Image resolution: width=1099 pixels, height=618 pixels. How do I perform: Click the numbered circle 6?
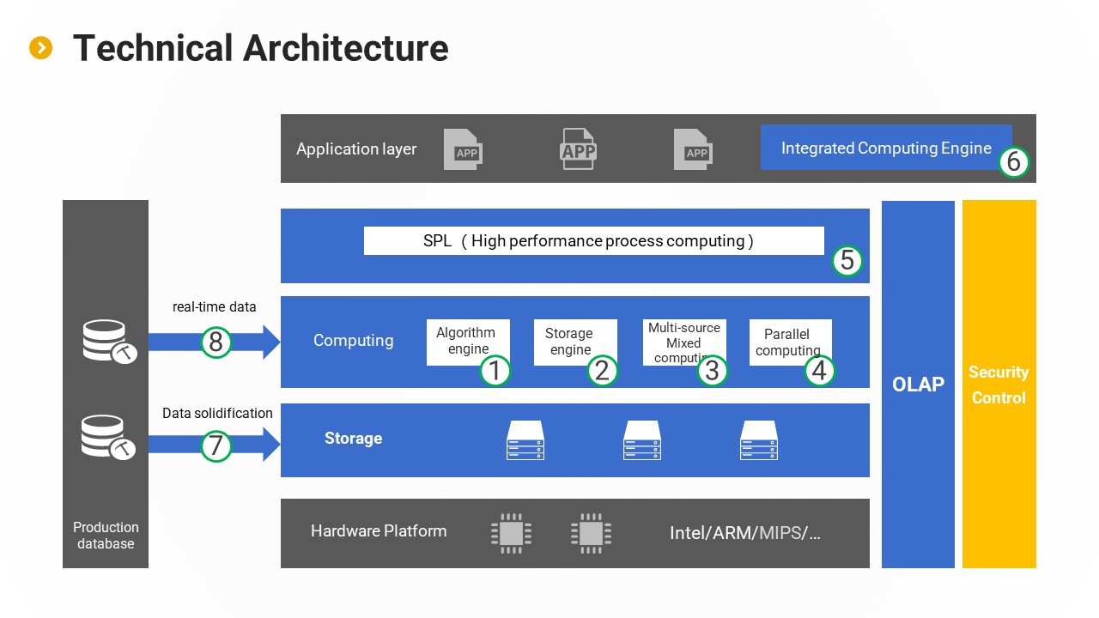pos(1013,162)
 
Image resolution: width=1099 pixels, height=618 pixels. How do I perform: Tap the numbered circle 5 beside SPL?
pos(847,260)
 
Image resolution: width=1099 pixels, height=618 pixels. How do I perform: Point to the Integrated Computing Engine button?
pos(886,148)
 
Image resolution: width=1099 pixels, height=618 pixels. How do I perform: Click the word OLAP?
pos(918,385)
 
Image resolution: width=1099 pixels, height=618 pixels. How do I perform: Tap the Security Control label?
pos(999,385)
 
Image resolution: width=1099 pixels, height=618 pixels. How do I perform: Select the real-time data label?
pos(215,306)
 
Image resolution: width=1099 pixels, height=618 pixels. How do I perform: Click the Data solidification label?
pos(217,413)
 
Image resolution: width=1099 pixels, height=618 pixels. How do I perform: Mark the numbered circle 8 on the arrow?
pos(216,342)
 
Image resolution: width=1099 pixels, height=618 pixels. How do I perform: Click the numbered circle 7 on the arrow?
pos(216,445)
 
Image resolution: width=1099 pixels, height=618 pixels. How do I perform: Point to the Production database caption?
pos(106,535)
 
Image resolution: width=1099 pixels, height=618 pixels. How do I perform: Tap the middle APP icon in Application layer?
pos(578,149)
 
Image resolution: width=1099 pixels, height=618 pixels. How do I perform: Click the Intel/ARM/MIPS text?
pos(744,533)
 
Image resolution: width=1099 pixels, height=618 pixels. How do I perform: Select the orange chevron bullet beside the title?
pos(40,48)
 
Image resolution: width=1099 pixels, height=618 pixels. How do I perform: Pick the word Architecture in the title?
pos(345,48)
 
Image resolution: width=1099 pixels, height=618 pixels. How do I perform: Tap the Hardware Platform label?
pos(379,530)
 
